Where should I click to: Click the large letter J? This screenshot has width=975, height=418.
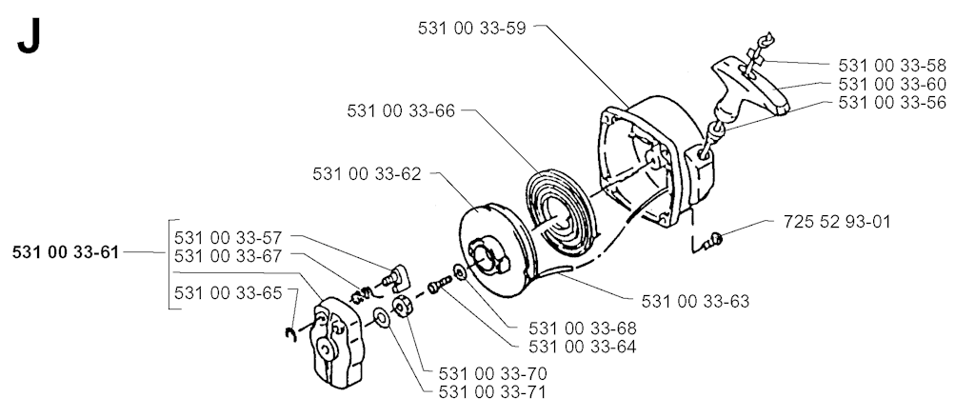tap(30, 37)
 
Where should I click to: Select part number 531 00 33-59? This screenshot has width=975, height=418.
tap(471, 29)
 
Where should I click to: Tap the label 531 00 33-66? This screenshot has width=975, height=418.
tap(401, 111)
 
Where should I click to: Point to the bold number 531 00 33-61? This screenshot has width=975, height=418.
tap(66, 252)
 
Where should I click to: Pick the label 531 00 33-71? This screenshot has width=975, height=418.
tap(492, 392)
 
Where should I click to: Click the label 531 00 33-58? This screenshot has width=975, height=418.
tap(892, 66)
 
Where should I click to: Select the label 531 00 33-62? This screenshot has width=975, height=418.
tap(367, 174)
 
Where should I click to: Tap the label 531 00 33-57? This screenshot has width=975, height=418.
tap(229, 238)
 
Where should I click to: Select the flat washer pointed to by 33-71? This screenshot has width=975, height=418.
tap(381, 318)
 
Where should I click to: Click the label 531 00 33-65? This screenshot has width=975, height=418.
tap(229, 293)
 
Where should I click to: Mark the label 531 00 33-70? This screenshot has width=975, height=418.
tap(492, 374)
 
